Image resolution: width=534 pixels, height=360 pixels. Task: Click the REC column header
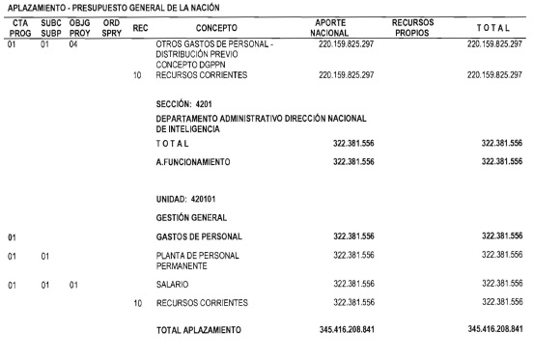[x=139, y=28]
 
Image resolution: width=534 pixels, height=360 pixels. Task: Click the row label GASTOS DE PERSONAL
[x=198, y=235]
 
